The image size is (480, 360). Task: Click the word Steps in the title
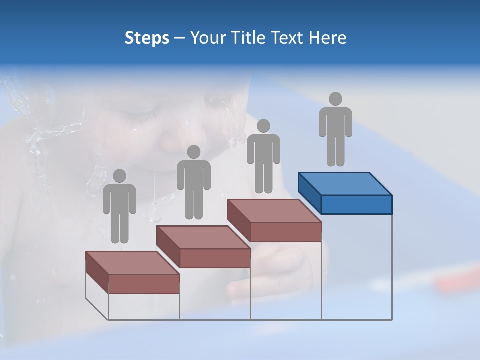tap(147, 38)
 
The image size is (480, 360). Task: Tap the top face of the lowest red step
tap(132, 263)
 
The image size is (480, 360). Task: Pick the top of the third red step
tap(274, 211)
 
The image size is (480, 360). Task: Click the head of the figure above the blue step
tap(335, 99)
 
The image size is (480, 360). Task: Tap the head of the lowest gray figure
tap(119, 176)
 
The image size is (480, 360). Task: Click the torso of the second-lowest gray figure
tap(193, 175)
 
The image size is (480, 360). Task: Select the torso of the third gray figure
tap(263, 148)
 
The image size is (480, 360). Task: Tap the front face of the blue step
tap(356, 204)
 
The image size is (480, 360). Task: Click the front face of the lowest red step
tap(144, 284)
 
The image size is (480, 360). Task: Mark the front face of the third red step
tap(285, 232)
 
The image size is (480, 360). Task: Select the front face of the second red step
tap(215, 258)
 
